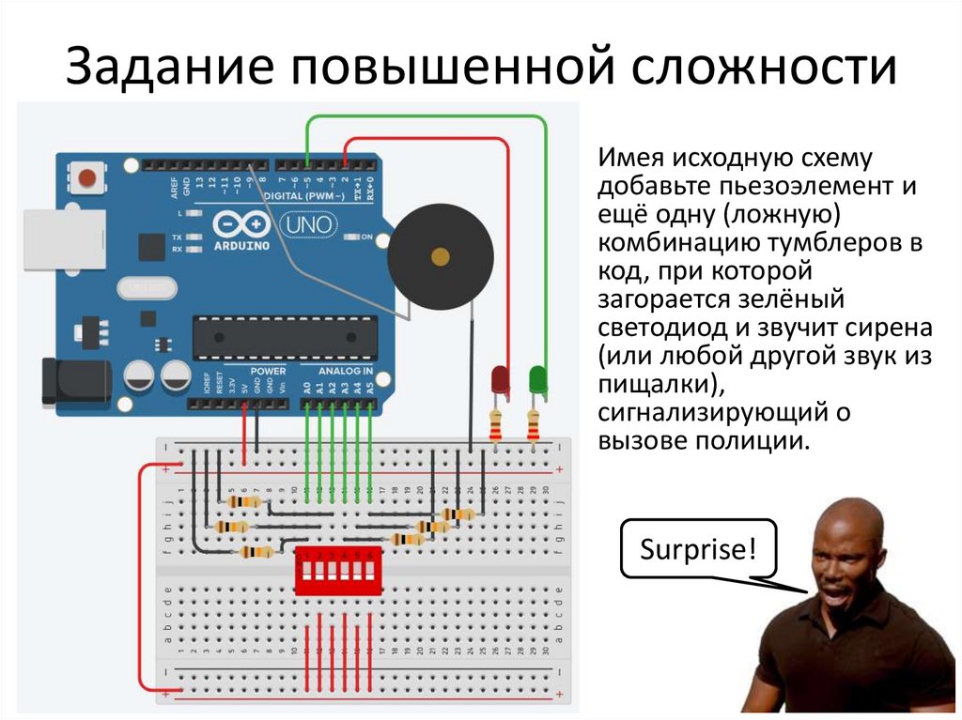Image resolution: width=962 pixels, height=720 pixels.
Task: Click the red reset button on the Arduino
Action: (x=88, y=176)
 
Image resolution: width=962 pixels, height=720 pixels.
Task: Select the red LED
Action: (x=500, y=379)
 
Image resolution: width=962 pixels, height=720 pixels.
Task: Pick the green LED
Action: (x=538, y=378)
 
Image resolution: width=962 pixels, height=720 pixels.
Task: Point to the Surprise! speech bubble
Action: (x=697, y=548)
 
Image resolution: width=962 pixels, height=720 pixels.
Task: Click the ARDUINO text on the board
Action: (x=241, y=247)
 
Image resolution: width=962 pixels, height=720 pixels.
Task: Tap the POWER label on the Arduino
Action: (x=269, y=371)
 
